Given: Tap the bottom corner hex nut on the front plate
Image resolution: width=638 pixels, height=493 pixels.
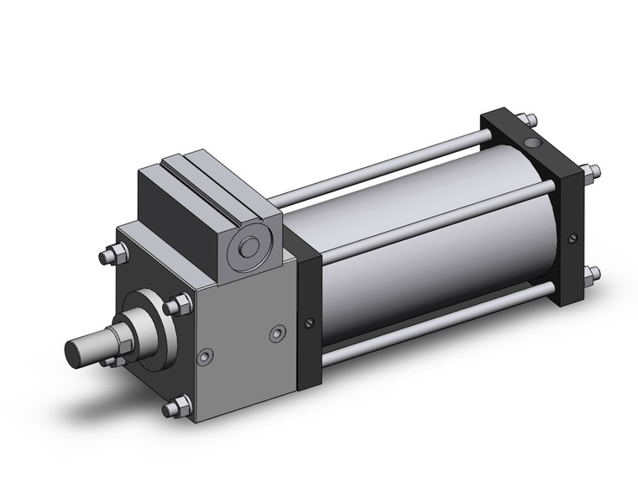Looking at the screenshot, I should (x=174, y=408).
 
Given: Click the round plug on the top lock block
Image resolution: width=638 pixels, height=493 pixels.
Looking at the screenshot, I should (x=249, y=249).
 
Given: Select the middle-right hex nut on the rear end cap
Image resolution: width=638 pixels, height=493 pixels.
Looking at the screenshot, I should (x=594, y=172).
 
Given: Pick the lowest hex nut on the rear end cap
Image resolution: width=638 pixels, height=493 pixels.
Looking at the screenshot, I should (x=594, y=273).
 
